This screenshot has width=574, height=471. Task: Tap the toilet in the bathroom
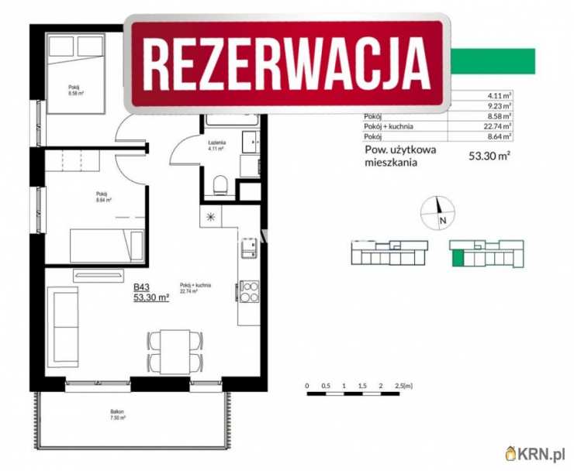[220, 183]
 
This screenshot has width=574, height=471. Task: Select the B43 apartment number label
[142, 287]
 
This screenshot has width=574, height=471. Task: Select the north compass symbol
[436, 209]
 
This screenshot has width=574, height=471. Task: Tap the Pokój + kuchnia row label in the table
[388, 125]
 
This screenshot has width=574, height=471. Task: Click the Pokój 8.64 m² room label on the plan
[102, 197]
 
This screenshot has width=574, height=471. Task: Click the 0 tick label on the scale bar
[307, 385]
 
